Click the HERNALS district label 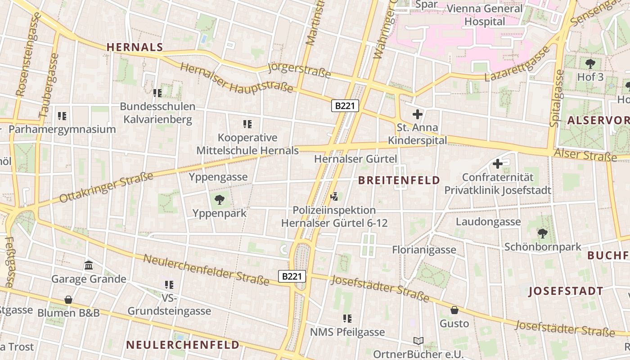[135, 47]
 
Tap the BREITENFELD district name [399, 180]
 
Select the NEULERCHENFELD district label [183, 345]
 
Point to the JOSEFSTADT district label [566, 291]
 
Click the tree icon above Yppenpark [220, 199]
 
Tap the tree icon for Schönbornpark [543, 233]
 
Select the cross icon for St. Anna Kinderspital [418, 114]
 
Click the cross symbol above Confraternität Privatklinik [498, 164]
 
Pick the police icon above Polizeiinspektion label [334, 196]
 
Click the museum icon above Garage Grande [89, 265]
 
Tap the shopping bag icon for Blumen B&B [68, 299]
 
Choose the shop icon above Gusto [454, 310]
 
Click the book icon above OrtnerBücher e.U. [418, 341]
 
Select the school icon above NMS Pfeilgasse [347, 319]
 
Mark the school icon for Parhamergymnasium [62, 116]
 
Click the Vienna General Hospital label [485, 15]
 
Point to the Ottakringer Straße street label [106, 187]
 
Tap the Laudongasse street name [488, 221]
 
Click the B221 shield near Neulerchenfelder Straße [292, 276]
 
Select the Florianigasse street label [424, 250]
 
